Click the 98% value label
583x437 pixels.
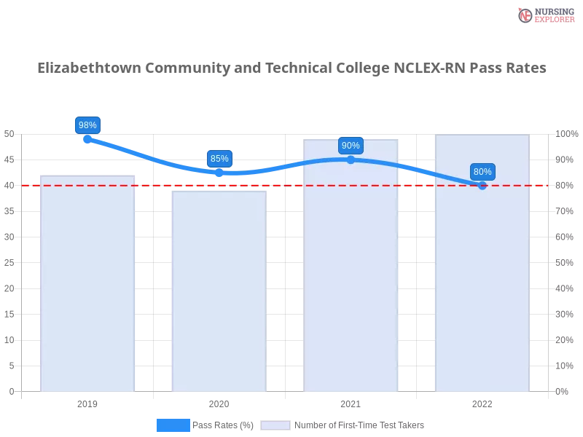click(87, 125)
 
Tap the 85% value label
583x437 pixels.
click(219, 158)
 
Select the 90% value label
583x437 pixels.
click(351, 145)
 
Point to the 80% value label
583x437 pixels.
click(482, 172)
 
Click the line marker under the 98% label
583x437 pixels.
click(87, 139)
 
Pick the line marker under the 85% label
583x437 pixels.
click(219, 173)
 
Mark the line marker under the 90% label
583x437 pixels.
click(351, 160)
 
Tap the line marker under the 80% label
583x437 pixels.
click(482, 186)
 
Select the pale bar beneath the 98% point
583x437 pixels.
click(87, 291)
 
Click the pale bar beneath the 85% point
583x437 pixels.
click(219, 291)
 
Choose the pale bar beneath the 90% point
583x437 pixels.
click(351, 291)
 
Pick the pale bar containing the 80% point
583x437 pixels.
click(482, 291)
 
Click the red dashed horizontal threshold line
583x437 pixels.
click(153, 185)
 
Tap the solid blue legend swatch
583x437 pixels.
click(173, 425)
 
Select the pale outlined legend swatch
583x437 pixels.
click(275, 425)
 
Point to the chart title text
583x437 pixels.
click(291, 68)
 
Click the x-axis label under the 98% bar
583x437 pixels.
click(87, 402)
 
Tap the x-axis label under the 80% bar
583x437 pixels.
click(482, 402)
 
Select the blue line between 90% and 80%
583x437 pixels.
click(419, 171)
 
